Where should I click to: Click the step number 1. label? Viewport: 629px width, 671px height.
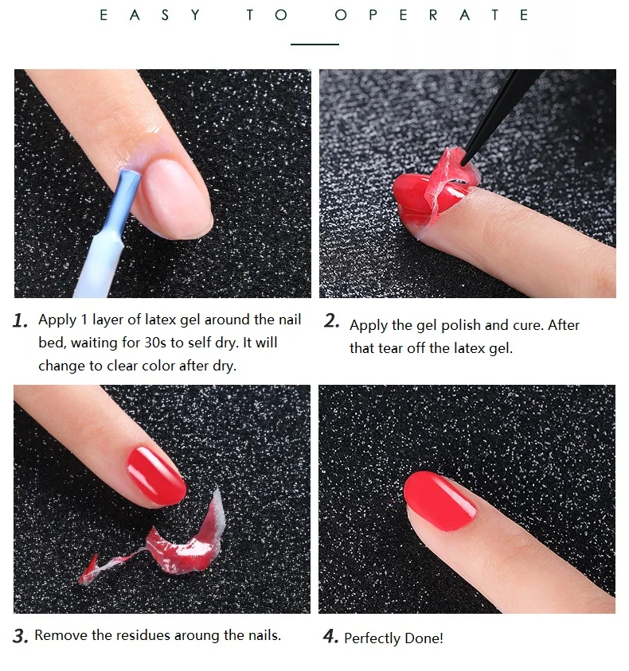click(x=21, y=321)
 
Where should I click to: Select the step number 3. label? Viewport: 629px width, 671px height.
click(x=21, y=636)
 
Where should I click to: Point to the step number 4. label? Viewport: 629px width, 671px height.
click(x=330, y=637)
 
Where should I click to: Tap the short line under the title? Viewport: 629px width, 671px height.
click(x=314, y=45)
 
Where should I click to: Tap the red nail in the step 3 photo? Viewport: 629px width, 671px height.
click(x=156, y=475)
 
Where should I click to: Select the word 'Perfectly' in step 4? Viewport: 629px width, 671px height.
click(x=373, y=638)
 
